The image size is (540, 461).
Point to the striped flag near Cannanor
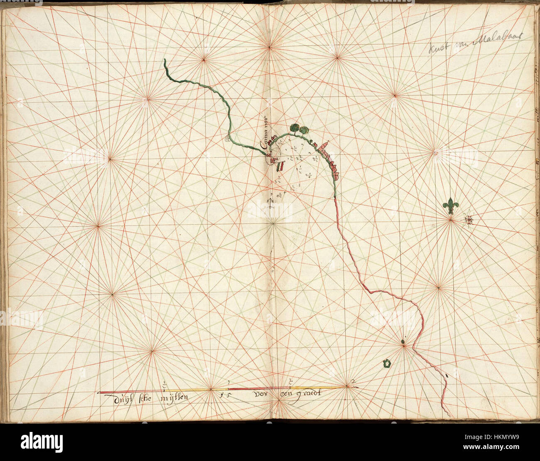coord(280,165)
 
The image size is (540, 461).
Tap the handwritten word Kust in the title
coord(439,48)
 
